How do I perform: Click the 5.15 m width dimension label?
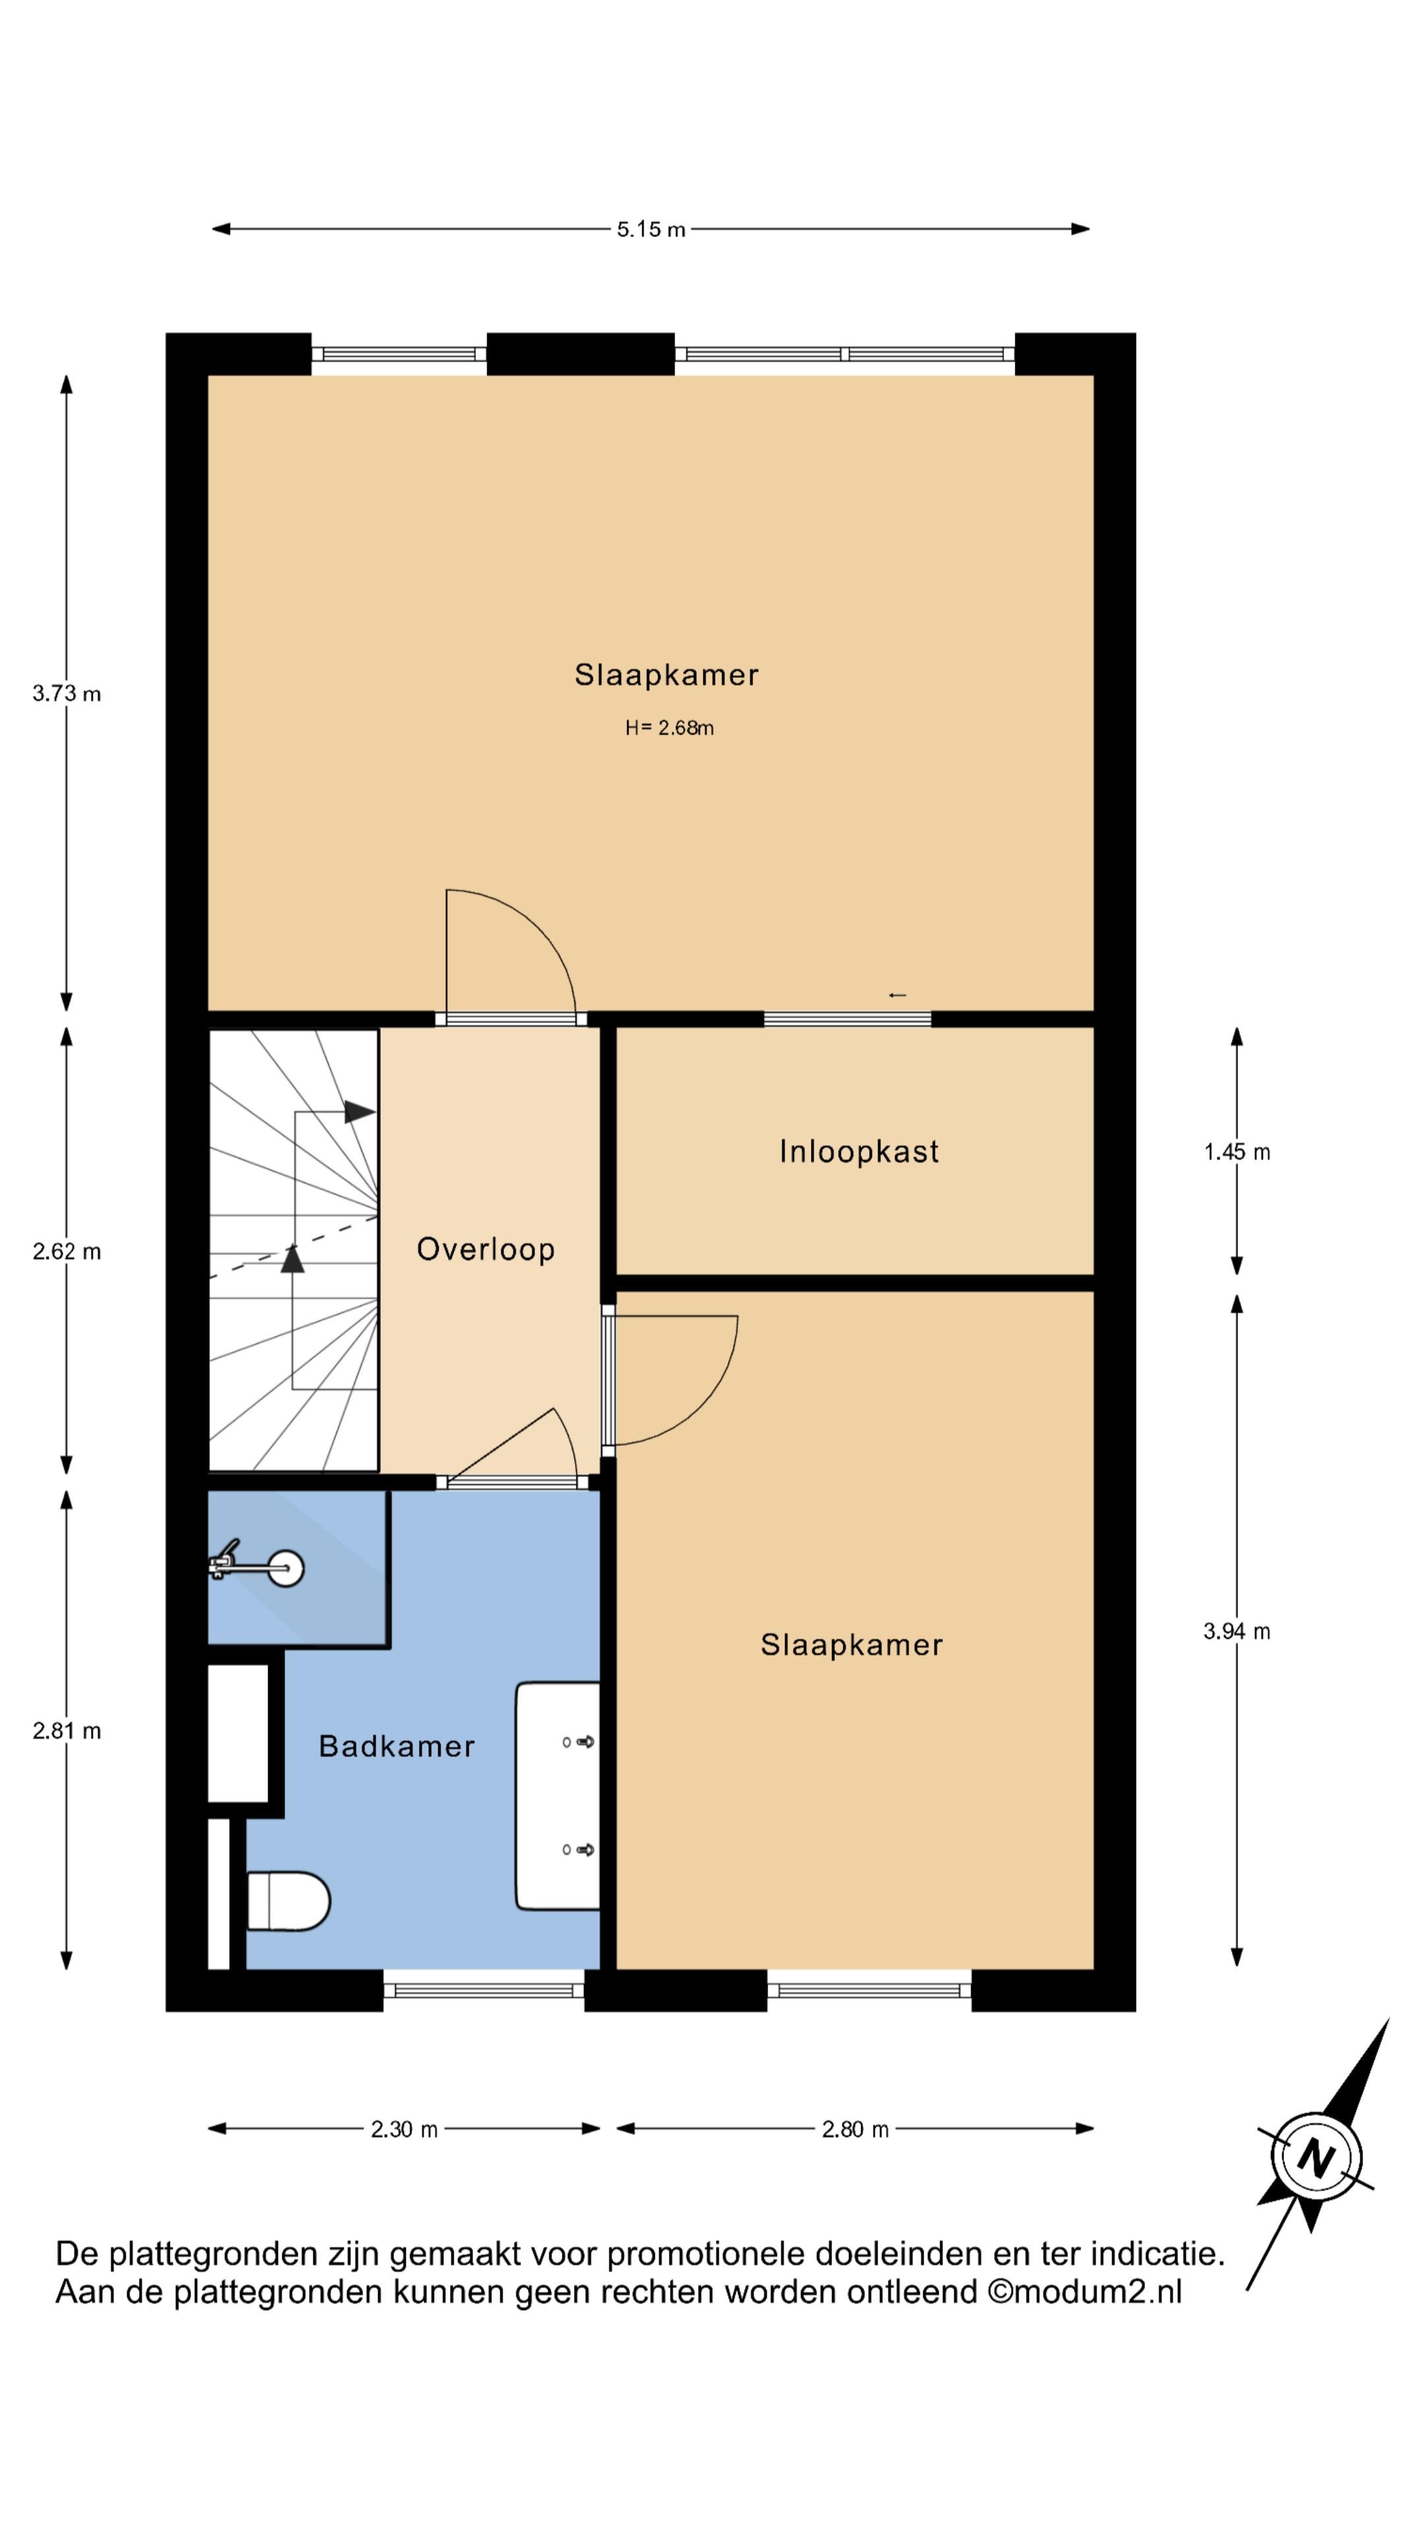click(x=650, y=230)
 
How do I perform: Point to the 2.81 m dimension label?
click(x=67, y=1731)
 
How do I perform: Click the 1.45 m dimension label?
click(x=1237, y=1152)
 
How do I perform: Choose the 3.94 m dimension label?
click(x=1237, y=1631)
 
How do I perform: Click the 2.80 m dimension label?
click(x=854, y=2129)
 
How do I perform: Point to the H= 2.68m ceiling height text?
click(x=669, y=728)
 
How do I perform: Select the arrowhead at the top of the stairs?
click(x=360, y=1113)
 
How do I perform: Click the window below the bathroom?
click(x=483, y=1990)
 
